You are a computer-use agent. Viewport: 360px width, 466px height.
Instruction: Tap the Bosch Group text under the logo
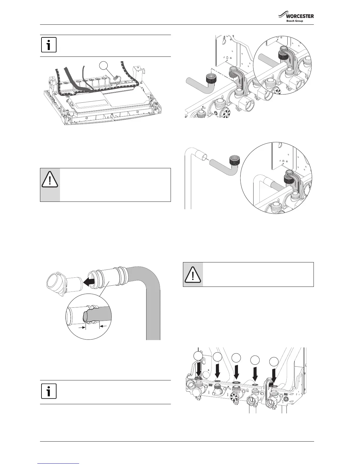pyautogui.click(x=294, y=21)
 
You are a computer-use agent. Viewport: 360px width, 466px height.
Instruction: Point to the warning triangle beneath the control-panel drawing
pyautogui.click(x=50, y=180)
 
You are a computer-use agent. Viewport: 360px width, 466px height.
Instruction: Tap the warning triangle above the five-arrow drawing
pyautogui.click(x=193, y=274)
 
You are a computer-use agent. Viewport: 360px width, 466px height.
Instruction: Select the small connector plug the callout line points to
pyautogui.click(x=116, y=78)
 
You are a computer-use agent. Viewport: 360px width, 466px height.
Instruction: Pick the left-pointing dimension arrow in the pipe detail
pyautogui.click(x=103, y=326)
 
